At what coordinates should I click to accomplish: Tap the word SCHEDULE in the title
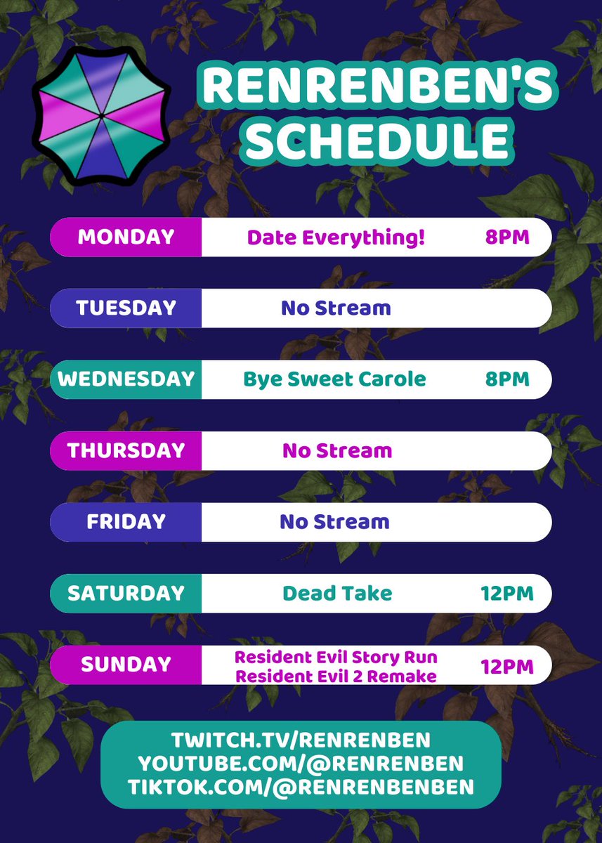coord(377,140)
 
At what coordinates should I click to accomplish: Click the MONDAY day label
coord(126,237)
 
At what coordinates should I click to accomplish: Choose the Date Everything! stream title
coord(336,237)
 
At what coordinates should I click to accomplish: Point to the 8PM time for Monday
coord(507,237)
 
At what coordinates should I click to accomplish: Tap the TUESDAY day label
coord(126,308)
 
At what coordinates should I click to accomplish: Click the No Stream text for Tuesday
coord(336,308)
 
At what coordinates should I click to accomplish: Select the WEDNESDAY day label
coord(126,379)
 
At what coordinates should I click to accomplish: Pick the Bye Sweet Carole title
coord(334,379)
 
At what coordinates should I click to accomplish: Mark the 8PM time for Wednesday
coord(507,379)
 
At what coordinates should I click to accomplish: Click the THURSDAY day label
coord(126,450)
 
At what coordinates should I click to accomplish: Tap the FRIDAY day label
coord(126,522)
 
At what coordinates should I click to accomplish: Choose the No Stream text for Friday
coord(334,522)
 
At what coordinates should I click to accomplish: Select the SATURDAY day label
coord(126,594)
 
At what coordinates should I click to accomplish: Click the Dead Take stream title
coord(337,594)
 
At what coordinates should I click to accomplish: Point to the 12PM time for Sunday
coord(507,665)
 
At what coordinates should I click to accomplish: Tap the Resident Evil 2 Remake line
coord(336,677)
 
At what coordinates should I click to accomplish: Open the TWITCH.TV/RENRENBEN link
coord(301,740)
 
